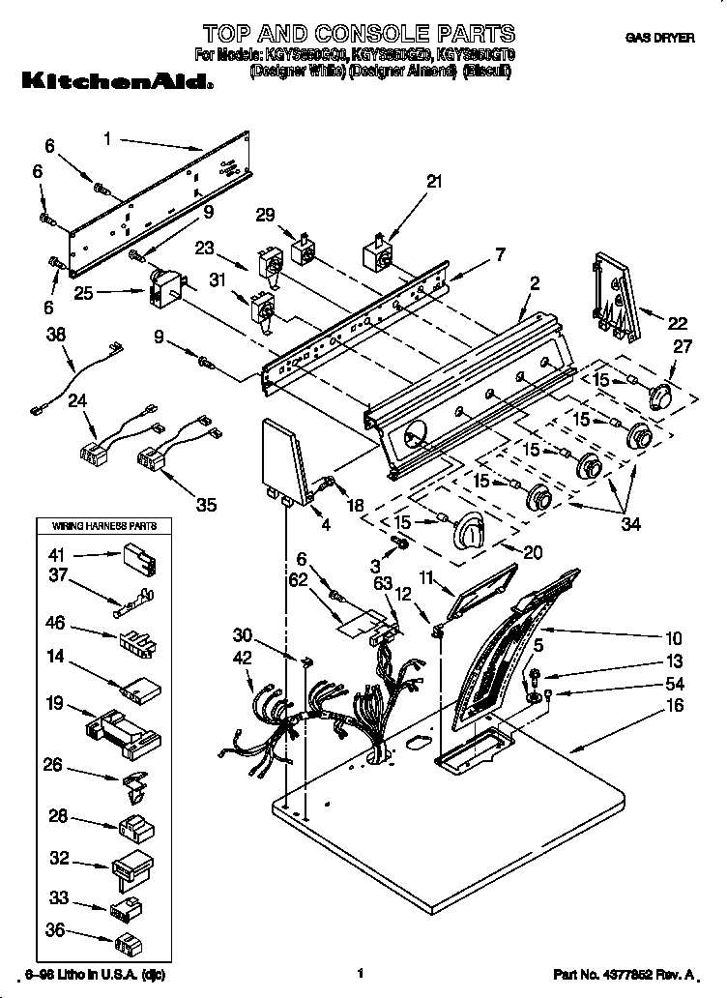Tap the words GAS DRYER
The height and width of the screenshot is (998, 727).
[659, 38]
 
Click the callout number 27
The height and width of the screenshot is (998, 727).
[683, 346]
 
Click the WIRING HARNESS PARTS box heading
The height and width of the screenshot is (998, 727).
[97, 527]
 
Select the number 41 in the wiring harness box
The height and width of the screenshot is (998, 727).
[57, 555]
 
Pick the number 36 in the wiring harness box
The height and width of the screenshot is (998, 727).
[57, 932]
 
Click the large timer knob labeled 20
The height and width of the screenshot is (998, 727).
[473, 529]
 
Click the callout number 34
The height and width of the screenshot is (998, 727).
[630, 524]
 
